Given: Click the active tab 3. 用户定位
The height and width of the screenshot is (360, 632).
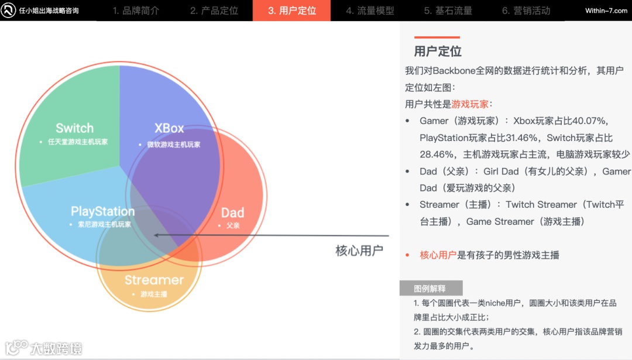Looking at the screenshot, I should coord(291,11).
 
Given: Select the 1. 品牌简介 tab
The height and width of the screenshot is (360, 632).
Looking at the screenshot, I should coord(136,11).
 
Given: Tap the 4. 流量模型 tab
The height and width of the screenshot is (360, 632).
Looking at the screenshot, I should coord(370,11).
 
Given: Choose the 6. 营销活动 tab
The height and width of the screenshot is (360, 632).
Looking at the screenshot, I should coord(526,11).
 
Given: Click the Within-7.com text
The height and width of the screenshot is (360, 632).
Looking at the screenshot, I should coord(606,11).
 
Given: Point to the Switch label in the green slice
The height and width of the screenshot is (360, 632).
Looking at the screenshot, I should coord(74,128).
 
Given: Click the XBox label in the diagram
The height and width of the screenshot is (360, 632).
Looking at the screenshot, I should coord(169,128).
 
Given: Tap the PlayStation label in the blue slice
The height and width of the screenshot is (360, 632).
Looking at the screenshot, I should coord(102,211).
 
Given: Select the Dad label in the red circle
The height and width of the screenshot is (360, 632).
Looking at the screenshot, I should coord(232,212).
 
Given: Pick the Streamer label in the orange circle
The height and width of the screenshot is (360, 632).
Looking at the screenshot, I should coord(154,280).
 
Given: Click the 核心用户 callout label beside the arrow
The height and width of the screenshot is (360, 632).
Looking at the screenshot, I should coord(359,251).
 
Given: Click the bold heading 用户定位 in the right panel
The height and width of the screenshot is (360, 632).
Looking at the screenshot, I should coord(438,52).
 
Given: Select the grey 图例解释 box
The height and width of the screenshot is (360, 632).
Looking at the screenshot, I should coord(431,288).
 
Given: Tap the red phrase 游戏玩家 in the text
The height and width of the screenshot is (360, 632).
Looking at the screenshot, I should coord(470,104).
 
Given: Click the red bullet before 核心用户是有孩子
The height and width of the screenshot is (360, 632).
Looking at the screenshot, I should coord(407,255).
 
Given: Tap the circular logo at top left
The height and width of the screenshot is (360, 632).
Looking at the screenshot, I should coord(9,11).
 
